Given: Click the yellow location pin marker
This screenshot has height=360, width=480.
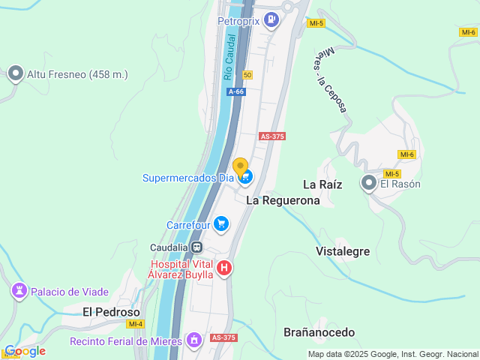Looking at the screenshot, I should (x=240, y=166).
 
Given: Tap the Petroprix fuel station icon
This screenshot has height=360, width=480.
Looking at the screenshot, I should (x=271, y=20).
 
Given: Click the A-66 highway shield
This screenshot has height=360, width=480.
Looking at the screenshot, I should (x=236, y=91).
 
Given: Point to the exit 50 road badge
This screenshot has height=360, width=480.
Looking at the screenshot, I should (x=247, y=74).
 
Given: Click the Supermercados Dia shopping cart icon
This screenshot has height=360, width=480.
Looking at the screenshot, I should (x=246, y=178).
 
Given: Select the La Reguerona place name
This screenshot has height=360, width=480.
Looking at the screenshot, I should (x=283, y=200).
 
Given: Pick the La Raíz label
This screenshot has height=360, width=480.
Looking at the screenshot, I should (x=322, y=184).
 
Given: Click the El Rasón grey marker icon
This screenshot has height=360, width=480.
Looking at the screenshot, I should (x=369, y=183).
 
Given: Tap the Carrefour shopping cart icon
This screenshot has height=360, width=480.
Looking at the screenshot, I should (x=220, y=224).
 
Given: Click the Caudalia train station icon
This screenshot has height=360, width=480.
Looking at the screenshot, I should (x=196, y=247).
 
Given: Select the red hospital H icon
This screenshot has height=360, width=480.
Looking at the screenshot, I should (x=223, y=268).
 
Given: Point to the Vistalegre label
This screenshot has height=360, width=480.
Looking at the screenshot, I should (x=343, y=251).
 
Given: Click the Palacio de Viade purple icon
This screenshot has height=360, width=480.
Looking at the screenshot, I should (x=18, y=291).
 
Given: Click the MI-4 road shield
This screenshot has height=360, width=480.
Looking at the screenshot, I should (x=135, y=324).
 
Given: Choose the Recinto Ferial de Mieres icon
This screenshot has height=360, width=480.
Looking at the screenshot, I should (x=195, y=340).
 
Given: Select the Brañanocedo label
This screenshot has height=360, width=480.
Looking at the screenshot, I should (x=319, y=331).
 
